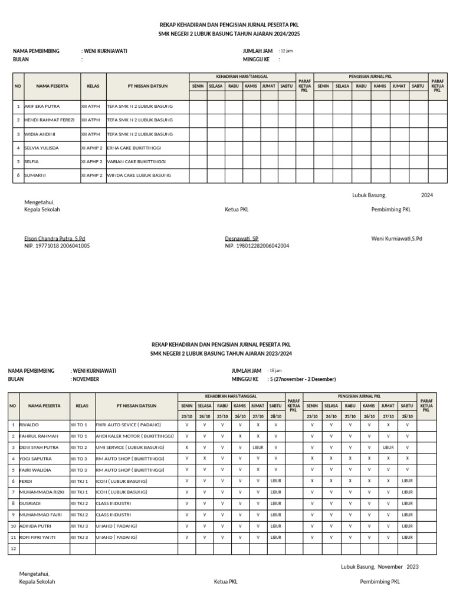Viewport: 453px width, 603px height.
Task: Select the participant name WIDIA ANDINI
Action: point(40,134)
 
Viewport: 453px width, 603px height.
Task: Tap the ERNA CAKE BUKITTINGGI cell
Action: point(134,148)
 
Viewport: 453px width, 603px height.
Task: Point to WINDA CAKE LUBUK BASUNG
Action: point(139,175)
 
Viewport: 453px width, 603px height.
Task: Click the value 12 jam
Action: point(285,51)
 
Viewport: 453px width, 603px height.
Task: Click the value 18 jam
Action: point(275,371)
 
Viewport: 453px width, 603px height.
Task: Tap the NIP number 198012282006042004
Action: point(257,246)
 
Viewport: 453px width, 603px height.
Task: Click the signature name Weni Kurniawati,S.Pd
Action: point(396,238)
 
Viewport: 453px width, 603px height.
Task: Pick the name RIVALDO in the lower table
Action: point(29,425)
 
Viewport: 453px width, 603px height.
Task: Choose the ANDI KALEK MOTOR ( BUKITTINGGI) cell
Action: point(134,436)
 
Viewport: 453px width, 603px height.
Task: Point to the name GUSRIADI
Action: point(31,503)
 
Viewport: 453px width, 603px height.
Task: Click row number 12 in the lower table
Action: point(13,548)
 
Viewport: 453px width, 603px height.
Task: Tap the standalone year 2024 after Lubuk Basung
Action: point(426,195)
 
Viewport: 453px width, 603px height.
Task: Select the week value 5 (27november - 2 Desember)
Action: point(301,379)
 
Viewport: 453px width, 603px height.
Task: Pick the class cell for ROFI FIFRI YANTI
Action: point(79,537)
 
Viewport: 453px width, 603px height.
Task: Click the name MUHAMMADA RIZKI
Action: point(42,492)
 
